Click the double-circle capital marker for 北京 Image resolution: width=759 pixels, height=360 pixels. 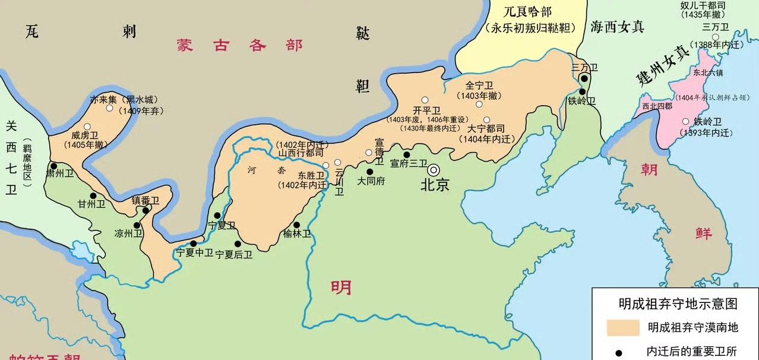(x=435, y=170)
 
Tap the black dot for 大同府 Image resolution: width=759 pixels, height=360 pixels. (x=369, y=172)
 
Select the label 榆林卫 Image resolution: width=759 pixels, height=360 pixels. (x=297, y=234)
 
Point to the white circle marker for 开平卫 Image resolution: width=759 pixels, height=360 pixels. (x=425, y=100)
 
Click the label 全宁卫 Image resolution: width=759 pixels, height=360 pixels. (x=479, y=86)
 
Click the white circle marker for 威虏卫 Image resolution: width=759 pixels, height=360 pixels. (x=87, y=126)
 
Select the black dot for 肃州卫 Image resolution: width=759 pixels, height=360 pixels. (x=53, y=166)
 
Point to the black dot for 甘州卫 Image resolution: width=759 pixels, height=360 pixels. (x=93, y=195)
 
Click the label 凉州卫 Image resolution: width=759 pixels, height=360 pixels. (x=129, y=235)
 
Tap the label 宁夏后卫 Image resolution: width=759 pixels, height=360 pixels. (x=233, y=254)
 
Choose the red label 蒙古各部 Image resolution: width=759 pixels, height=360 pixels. (x=239, y=46)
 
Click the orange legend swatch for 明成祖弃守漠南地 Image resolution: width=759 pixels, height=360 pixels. (x=622, y=327)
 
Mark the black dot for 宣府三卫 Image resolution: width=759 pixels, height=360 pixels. (x=407, y=154)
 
